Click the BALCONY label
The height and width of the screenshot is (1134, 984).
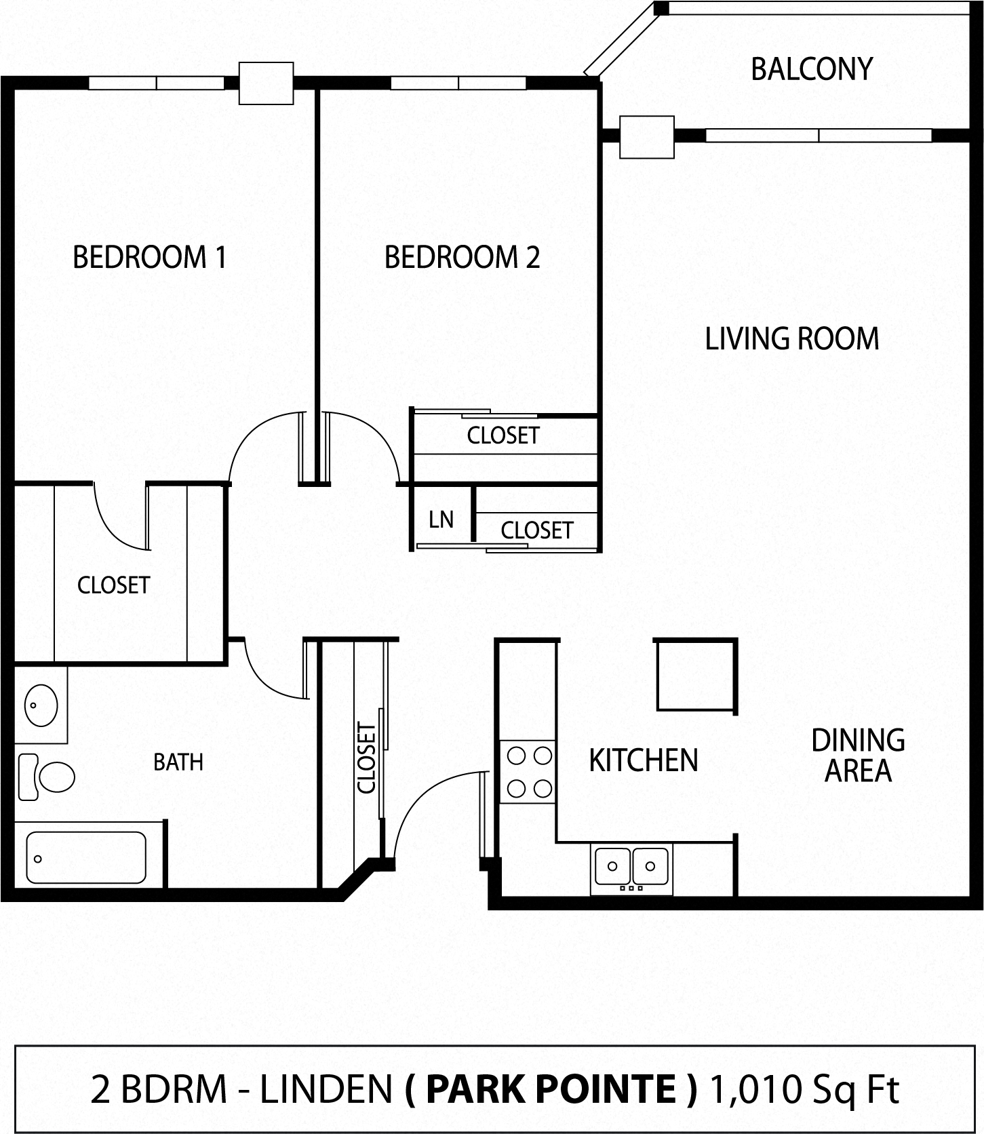(x=811, y=69)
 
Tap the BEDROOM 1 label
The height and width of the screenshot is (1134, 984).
(x=149, y=258)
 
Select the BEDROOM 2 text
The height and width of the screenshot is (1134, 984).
(x=462, y=258)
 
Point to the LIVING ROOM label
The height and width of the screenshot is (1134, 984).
(x=791, y=339)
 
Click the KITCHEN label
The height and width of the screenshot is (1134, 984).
(x=643, y=760)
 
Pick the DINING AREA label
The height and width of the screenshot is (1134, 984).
(x=858, y=756)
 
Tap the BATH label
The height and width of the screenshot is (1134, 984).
(x=178, y=762)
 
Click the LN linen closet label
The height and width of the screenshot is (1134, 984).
(x=441, y=520)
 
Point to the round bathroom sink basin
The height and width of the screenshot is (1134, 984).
(x=41, y=705)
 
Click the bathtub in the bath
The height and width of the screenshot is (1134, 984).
(x=86, y=857)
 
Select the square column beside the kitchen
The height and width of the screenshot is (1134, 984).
(x=696, y=675)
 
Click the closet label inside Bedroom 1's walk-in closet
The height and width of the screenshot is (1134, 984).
(x=113, y=585)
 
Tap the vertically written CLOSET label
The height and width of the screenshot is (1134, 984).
(x=366, y=758)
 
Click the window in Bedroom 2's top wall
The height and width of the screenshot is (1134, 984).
(x=458, y=83)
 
